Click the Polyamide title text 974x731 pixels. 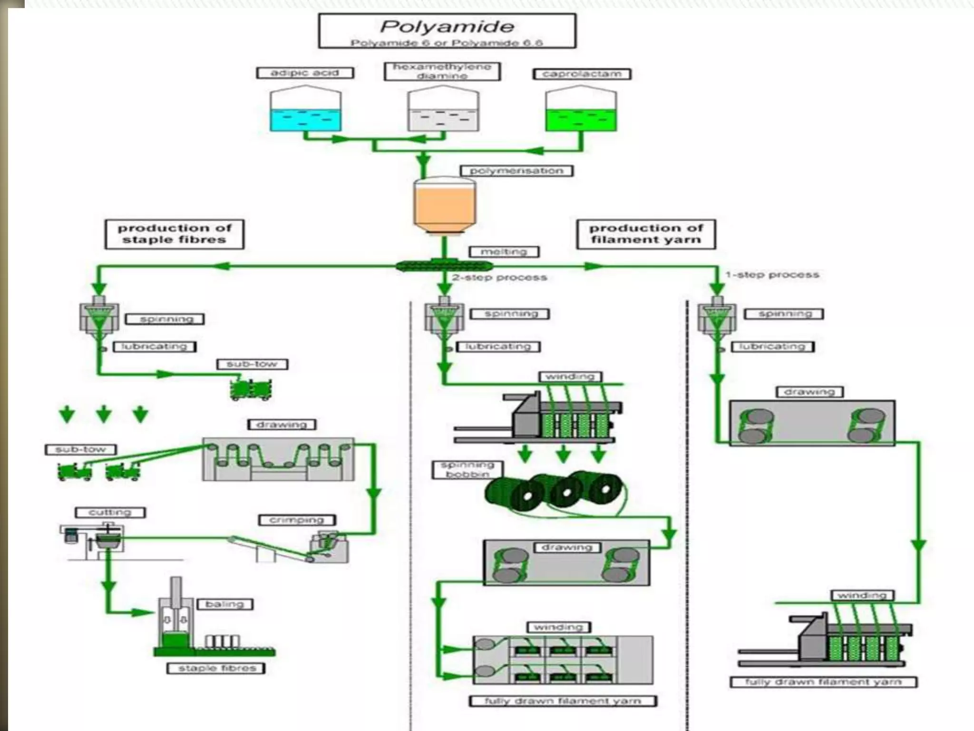pos(447,26)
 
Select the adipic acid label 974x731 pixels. pos(305,73)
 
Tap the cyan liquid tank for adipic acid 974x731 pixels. pos(305,119)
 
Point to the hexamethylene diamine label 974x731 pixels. pos(442,71)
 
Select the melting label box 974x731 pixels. pos(504,251)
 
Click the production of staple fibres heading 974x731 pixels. pos(175,234)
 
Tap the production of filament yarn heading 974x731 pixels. pos(646,234)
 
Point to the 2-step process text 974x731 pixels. pos(499,277)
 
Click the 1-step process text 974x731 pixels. pos(772,275)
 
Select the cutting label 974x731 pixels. pos(110,512)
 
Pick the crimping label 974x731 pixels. pos(297,520)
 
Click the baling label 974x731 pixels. pos(224,604)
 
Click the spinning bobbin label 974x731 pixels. pos(468,469)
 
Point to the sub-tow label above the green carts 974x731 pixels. pos(252,364)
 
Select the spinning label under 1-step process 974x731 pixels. pos(784,314)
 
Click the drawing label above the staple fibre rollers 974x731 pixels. pos(282,424)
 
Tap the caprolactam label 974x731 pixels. pos(581,74)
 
